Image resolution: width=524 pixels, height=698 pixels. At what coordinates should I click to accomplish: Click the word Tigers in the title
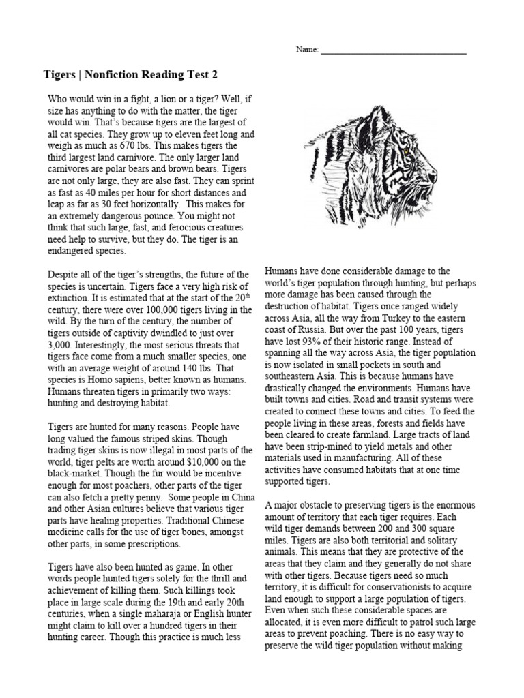pyautogui.click(x=59, y=74)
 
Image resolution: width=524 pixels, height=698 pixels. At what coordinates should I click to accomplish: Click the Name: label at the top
pyautogui.click(x=306, y=50)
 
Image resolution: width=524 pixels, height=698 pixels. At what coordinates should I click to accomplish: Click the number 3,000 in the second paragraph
pyautogui.click(x=59, y=345)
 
